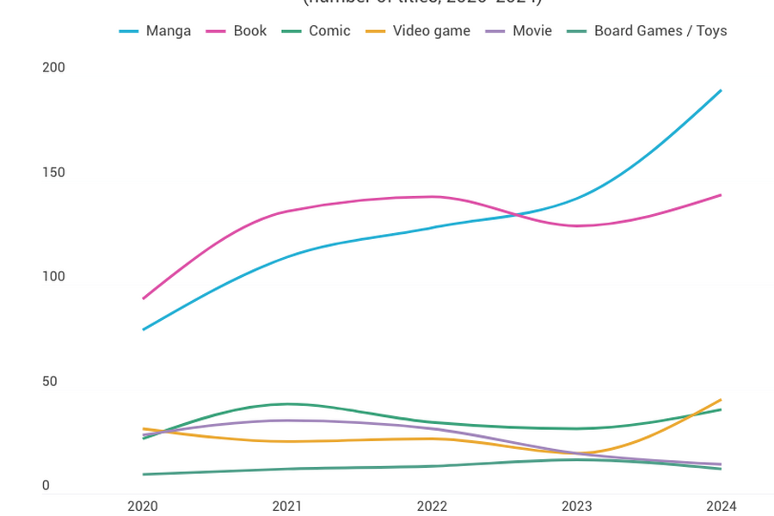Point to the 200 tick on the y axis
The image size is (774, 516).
[53, 68]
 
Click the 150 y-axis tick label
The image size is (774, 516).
[53, 173]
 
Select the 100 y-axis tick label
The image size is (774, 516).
[53, 277]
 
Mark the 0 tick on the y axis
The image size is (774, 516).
[46, 486]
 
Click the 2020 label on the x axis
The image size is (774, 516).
[143, 507]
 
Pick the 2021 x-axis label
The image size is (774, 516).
[287, 507]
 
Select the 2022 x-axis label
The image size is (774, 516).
[432, 507]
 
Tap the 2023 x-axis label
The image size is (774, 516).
[576, 507]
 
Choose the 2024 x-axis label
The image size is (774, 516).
[721, 507]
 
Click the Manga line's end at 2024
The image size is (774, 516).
[721, 90]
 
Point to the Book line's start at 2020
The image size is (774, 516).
[143, 298]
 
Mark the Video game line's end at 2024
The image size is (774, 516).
[721, 400]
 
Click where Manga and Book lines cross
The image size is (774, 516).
[516, 214]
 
